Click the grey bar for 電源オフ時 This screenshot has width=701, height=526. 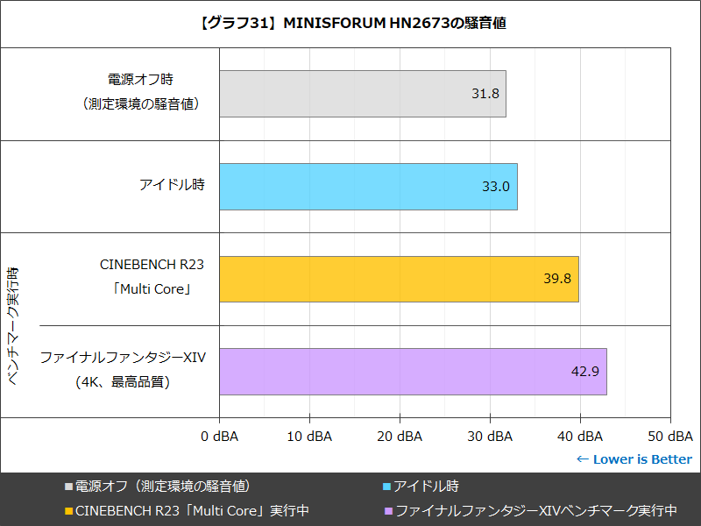coord(362,94)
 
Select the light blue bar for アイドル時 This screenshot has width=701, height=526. coord(368,187)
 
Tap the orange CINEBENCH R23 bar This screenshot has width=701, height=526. coord(399,279)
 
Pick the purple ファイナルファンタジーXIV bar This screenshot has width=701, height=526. coord(413,371)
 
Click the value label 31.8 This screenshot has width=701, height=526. coord(485,94)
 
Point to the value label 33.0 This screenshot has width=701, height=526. coord(496,187)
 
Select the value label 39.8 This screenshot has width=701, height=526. coord(557,279)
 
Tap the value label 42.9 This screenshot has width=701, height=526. coord(584,371)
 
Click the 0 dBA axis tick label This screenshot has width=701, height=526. coord(219,436)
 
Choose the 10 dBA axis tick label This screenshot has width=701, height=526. coord(309,436)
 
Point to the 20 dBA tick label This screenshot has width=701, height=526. coord(400,436)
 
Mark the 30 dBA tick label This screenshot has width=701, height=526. coord(490,436)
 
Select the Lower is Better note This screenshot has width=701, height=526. coord(634,459)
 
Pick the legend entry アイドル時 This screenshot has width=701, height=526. coord(426,486)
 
